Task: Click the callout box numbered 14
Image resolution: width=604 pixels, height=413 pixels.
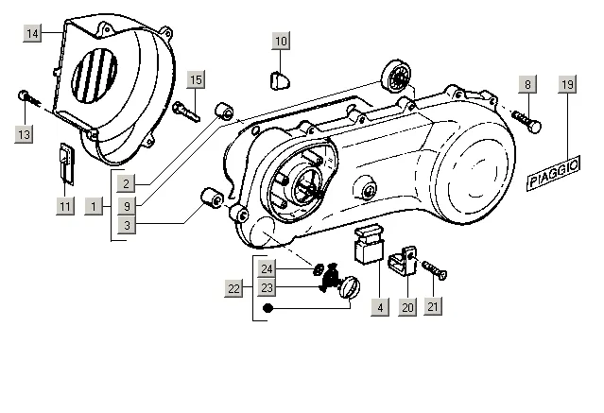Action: tap(32, 33)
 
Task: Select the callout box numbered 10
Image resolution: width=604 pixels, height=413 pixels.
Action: tap(281, 41)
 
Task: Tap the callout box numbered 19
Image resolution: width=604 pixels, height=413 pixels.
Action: tap(567, 84)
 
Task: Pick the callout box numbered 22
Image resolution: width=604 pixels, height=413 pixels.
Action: tap(233, 288)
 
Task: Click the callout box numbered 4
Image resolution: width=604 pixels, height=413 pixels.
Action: tap(380, 307)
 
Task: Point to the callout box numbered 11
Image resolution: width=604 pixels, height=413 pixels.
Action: tap(65, 206)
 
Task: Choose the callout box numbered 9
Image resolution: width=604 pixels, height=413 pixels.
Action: tap(127, 206)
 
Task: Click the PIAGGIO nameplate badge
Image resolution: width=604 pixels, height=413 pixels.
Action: tap(554, 173)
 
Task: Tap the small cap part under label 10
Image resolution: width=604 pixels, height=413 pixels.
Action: tap(280, 80)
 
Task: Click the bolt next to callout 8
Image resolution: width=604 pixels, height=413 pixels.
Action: tap(526, 120)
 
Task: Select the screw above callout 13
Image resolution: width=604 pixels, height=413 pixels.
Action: tap(29, 99)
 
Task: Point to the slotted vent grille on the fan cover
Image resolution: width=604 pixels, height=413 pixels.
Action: tap(95, 76)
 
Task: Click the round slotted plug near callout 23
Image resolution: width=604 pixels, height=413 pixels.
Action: tap(350, 287)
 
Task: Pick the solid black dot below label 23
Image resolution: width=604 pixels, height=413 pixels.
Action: tap(267, 308)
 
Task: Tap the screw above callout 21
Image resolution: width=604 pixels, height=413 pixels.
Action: tap(435, 270)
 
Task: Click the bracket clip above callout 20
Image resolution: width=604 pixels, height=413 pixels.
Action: tap(404, 261)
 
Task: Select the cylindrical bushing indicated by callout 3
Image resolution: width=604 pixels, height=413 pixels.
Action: tap(212, 197)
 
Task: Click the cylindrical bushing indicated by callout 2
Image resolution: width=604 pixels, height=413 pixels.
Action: tap(224, 112)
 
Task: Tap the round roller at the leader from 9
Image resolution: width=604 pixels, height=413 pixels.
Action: tap(396, 77)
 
